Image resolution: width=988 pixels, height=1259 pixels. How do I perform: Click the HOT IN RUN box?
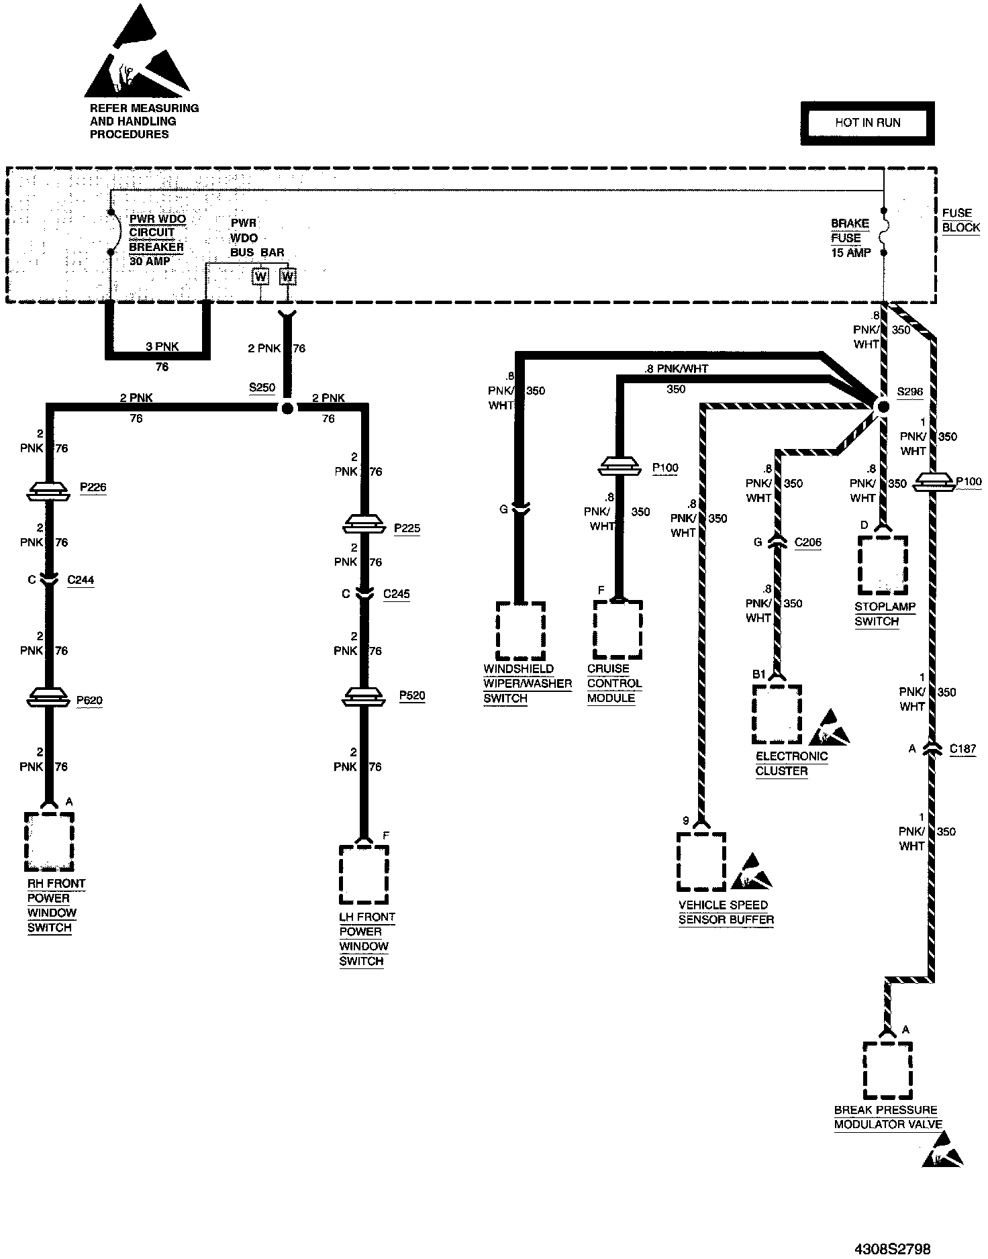867,123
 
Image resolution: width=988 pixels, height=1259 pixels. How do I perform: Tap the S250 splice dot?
287,407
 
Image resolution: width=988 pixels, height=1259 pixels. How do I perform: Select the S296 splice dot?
883,406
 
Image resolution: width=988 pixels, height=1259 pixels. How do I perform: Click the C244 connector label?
81,580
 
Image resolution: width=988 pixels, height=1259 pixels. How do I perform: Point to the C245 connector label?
396,594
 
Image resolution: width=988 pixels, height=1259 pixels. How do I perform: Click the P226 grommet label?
93,488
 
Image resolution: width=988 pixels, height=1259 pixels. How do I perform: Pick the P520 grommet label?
412,696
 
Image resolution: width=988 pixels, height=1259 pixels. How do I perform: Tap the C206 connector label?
807,542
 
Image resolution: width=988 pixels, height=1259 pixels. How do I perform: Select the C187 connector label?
962,750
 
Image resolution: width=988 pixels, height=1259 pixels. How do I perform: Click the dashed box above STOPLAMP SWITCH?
882,564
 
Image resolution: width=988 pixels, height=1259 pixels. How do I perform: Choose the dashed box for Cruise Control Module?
617,629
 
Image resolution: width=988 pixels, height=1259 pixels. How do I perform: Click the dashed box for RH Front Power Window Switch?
49,842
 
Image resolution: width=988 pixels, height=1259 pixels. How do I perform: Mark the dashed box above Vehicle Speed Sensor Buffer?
701,861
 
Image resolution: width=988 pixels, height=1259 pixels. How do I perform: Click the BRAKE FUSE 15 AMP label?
850,238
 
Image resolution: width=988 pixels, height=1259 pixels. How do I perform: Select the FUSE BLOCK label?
960,220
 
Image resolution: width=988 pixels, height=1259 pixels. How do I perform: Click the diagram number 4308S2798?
892,1248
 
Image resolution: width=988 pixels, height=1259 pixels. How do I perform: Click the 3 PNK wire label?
162,347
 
